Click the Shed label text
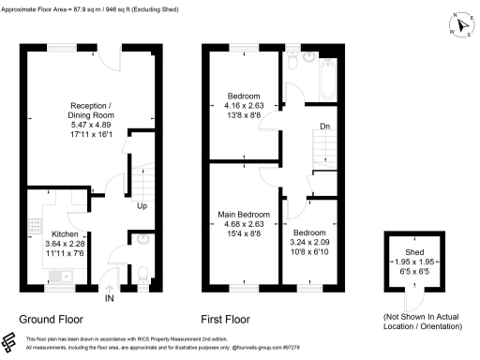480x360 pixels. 412,252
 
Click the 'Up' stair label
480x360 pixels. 142,205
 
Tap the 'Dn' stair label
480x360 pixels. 323,126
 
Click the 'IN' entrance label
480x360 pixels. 111,299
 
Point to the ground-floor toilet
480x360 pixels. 141,239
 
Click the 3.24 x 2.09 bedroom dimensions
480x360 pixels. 307,242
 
